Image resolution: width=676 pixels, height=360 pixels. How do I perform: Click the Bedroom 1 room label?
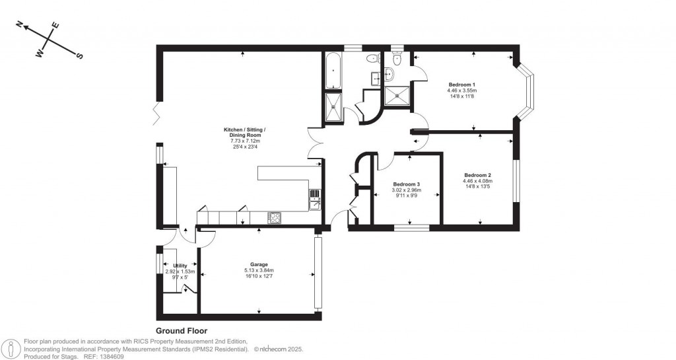462,85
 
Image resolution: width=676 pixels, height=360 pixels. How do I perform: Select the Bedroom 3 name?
406,184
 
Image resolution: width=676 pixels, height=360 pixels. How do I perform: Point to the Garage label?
259,264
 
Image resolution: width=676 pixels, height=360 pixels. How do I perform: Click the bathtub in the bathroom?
332,71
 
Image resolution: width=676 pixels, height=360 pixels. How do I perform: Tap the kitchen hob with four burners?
275,217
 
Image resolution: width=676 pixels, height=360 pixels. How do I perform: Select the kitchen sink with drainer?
314,198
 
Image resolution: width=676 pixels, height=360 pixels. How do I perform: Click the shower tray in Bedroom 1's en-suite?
397,95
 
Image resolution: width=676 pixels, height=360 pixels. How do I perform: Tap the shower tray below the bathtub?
332,108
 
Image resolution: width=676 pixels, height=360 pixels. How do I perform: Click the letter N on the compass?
20,26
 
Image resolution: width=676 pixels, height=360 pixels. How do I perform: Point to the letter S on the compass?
80,56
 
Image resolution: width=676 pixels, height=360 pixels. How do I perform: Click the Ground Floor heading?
182,331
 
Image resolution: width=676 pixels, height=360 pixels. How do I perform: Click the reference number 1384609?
110,356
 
